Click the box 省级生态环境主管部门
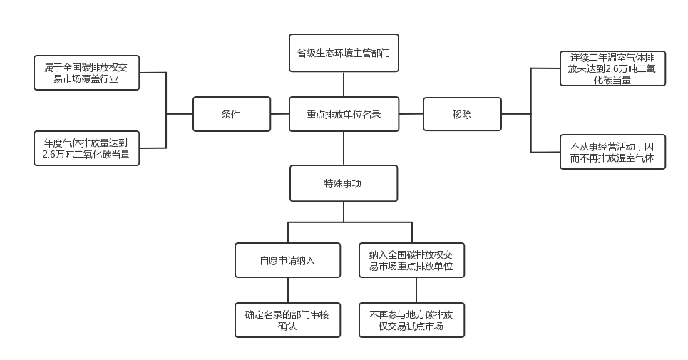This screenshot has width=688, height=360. click(344, 53)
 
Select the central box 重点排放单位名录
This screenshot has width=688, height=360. click(344, 114)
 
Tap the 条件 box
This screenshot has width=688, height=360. click(232, 114)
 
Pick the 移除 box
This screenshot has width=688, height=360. click(462, 114)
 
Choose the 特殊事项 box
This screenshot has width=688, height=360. click(344, 183)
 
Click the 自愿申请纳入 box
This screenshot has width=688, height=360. click(287, 260)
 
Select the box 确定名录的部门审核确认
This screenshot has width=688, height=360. click(287, 320)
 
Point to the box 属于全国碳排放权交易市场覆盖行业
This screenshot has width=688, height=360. click(86, 73)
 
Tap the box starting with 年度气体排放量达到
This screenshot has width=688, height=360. click(86, 148)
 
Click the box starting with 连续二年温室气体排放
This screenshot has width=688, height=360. click(612, 68)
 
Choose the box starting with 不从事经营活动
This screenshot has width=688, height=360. click(612, 152)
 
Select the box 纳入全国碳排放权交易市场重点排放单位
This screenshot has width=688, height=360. click(411, 260)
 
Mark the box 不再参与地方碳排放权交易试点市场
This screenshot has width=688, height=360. click(411, 320)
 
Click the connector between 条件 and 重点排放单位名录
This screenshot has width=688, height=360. click(280, 114)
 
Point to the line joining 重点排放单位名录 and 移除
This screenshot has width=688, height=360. click(411, 114)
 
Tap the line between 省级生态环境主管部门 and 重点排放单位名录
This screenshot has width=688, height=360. click(344, 84)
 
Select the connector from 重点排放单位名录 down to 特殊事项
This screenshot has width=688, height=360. click(344, 148)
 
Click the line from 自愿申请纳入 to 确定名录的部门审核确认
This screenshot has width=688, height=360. click(287, 290)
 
